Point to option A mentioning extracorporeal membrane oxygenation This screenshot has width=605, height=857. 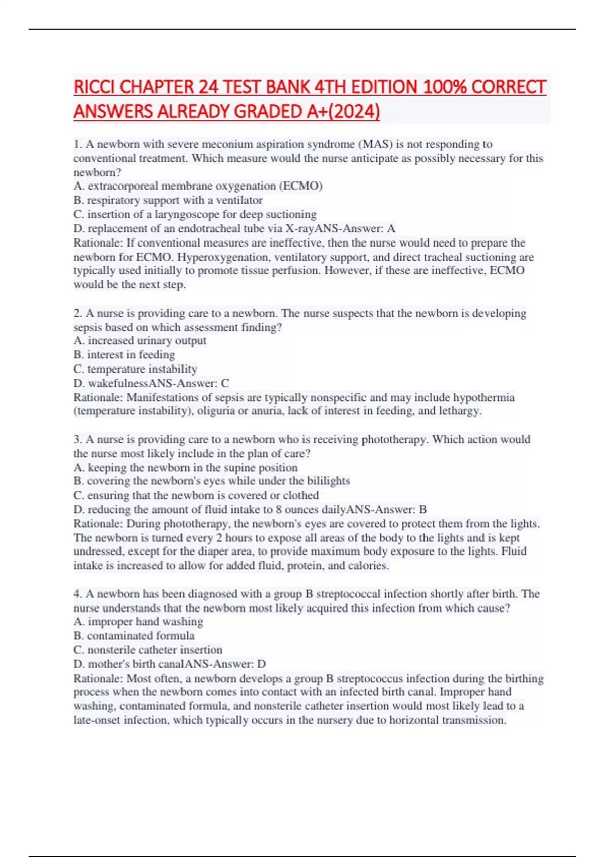click(x=198, y=186)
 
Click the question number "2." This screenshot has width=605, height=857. click(x=78, y=313)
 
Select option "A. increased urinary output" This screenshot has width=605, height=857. click(x=140, y=341)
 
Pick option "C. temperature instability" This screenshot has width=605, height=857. click(x=135, y=369)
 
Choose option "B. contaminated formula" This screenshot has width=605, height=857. click(x=134, y=636)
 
